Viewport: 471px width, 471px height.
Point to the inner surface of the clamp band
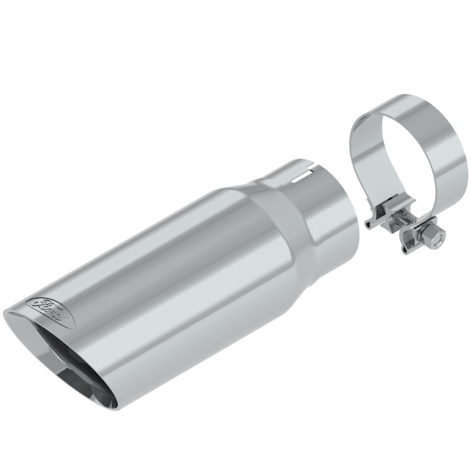click(x=371, y=141)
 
